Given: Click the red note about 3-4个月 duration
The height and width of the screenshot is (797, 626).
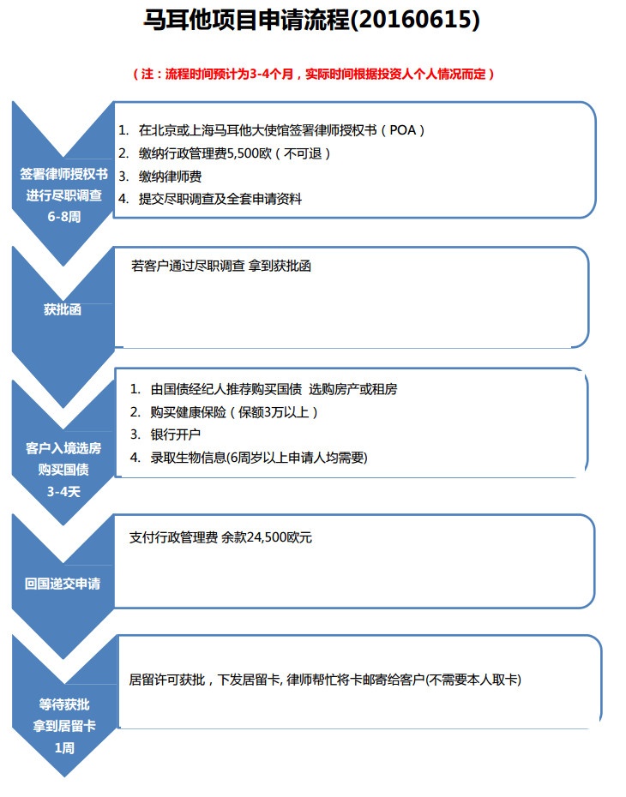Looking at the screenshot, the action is tap(313, 75).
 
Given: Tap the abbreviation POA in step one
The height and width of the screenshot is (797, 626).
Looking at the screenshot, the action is tap(403, 130).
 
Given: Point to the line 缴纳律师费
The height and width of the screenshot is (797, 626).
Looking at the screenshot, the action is tap(170, 177).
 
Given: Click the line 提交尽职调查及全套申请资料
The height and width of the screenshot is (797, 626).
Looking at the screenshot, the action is tap(220, 199).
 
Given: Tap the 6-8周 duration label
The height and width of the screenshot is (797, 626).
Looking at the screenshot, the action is tap(64, 217).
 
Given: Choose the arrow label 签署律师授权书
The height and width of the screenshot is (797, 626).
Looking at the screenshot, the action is tap(64, 174).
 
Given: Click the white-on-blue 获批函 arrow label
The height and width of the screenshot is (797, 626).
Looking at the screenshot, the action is tap(63, 309).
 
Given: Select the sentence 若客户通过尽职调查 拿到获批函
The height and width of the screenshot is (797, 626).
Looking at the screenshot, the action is tap(221, 266).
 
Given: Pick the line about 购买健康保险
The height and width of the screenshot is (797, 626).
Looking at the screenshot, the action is tap(234, 411).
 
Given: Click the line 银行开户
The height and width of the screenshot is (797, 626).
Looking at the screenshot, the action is tap(176, 434).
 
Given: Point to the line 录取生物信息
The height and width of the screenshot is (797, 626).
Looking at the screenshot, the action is tap(259, 458).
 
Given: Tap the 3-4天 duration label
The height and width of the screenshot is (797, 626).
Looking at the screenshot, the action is tap(63, 492).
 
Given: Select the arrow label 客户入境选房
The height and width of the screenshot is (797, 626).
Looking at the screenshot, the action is tap(63, 448).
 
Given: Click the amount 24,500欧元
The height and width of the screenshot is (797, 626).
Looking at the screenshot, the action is tap(280, 537).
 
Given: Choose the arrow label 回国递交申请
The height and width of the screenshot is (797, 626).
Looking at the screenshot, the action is tap(63, 584).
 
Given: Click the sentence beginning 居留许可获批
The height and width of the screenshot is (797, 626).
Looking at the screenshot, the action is tap(325, 680).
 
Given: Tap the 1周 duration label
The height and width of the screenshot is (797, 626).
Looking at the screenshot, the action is tap(64, 747).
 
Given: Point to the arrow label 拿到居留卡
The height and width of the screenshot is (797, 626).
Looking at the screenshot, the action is tap(64, 726).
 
